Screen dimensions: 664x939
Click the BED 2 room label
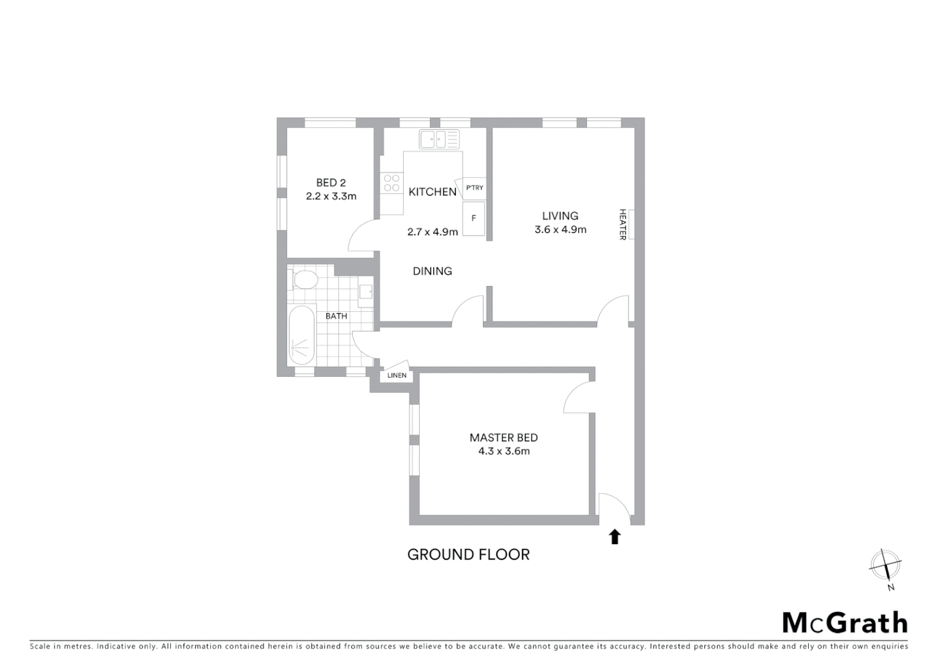click(331, 183)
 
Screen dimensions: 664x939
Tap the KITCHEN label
click(432, 192)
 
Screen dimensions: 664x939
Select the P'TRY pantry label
click(474, 188)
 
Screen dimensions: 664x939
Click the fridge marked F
click(474, 218)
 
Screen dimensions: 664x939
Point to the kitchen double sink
click(439, 139)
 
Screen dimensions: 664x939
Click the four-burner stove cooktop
click(391, 183)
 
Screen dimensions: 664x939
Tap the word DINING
click(432, 271)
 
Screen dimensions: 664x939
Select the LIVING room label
click(560, 216)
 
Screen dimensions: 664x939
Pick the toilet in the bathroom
click(304, 280)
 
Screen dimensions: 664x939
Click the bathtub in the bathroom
click(302, 336)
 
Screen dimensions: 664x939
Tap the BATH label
click(336, 316)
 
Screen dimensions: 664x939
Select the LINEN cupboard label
click(396, 375)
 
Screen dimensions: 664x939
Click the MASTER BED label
click(503, 438)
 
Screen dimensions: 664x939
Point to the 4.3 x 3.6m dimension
click(503, 451)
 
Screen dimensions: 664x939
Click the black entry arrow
click(615, 537)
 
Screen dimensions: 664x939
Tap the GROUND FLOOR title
click(468, 555)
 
